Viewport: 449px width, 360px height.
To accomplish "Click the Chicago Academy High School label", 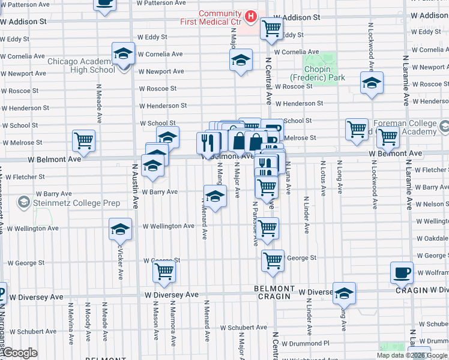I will tap(81, 65).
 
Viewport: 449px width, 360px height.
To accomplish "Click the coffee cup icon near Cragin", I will tap(402, 273).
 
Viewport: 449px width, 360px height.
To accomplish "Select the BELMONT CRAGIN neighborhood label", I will tap(275, 292).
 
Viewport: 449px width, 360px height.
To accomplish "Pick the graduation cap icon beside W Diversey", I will tap(344, 293).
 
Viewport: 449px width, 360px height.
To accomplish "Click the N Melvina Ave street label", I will tap(71, 331).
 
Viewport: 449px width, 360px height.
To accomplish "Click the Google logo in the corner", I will tap(20, 353).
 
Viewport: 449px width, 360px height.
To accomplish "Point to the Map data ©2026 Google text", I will tap(412, 355).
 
